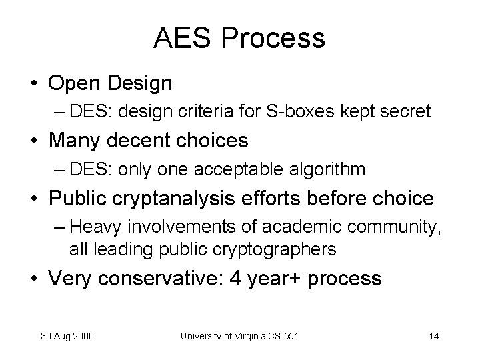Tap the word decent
pos(144,141)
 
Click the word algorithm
pos(327,169)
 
